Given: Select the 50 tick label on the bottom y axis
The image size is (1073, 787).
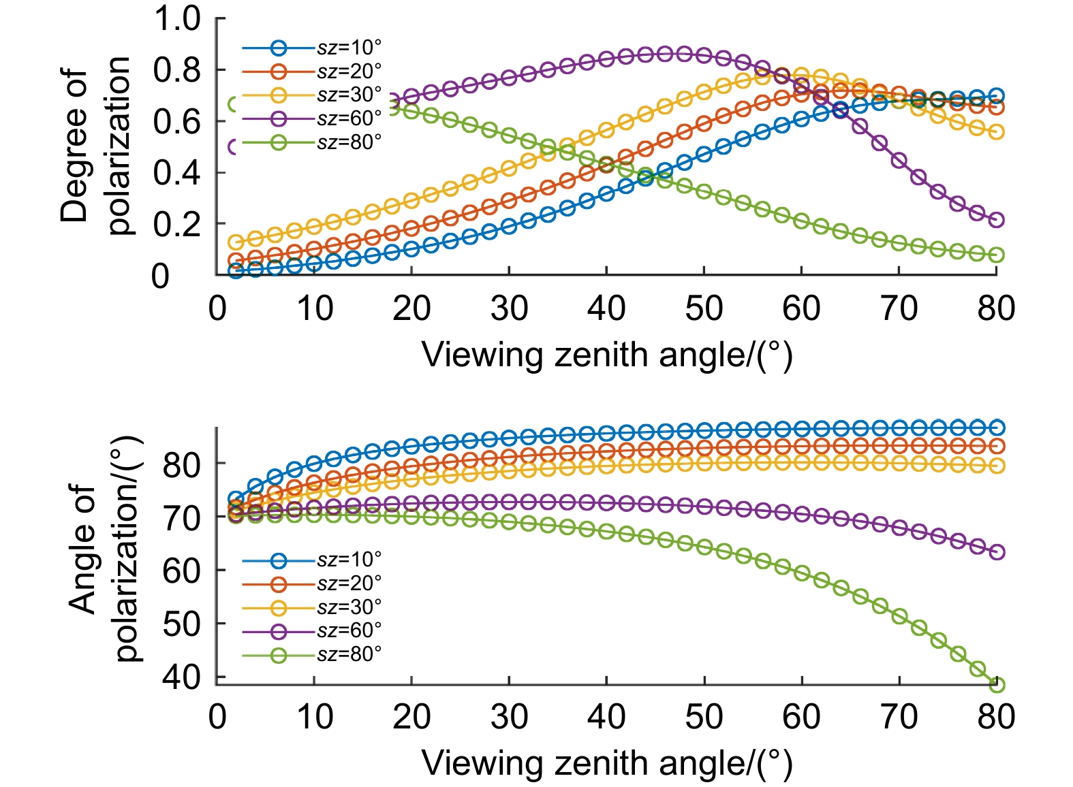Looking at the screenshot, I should pyautogui.click(x=181, y=624).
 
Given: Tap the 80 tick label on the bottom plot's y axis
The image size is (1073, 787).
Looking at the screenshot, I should pyautogui.click(x=181, y=465).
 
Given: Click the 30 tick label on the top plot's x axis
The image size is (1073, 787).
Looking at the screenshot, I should pyautogui.click(x=509, y=308).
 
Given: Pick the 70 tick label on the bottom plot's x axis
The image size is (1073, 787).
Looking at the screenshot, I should pyautogui.click(x=899, y=716).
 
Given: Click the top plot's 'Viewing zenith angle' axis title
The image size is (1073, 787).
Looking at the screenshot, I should pyautogui.click(x=607, y=355).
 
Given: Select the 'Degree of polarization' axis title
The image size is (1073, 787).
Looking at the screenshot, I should pyautogui.click(x=95, y=146).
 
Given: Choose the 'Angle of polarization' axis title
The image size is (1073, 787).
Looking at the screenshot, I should pyautogui.click(x=106, y=549).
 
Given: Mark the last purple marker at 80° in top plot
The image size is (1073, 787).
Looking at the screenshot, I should pyautogui.click(x=996, y=220).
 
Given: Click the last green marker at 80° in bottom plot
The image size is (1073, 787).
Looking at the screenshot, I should pyautogui.click(x=996, y=684).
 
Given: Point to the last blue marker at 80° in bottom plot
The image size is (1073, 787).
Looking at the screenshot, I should pyautogui.click(x=996, y=428).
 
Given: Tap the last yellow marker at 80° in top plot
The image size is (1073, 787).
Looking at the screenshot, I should pyautogui.click(x=996, y=132).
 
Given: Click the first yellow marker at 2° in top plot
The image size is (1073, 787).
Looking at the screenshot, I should pyautogui.click(x=236, y=242).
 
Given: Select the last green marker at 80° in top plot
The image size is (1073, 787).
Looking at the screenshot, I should pyautogui.click(x=996, y=255).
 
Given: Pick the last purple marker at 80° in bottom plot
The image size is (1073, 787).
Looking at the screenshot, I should pyautogui.click(x=996, y=552).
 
